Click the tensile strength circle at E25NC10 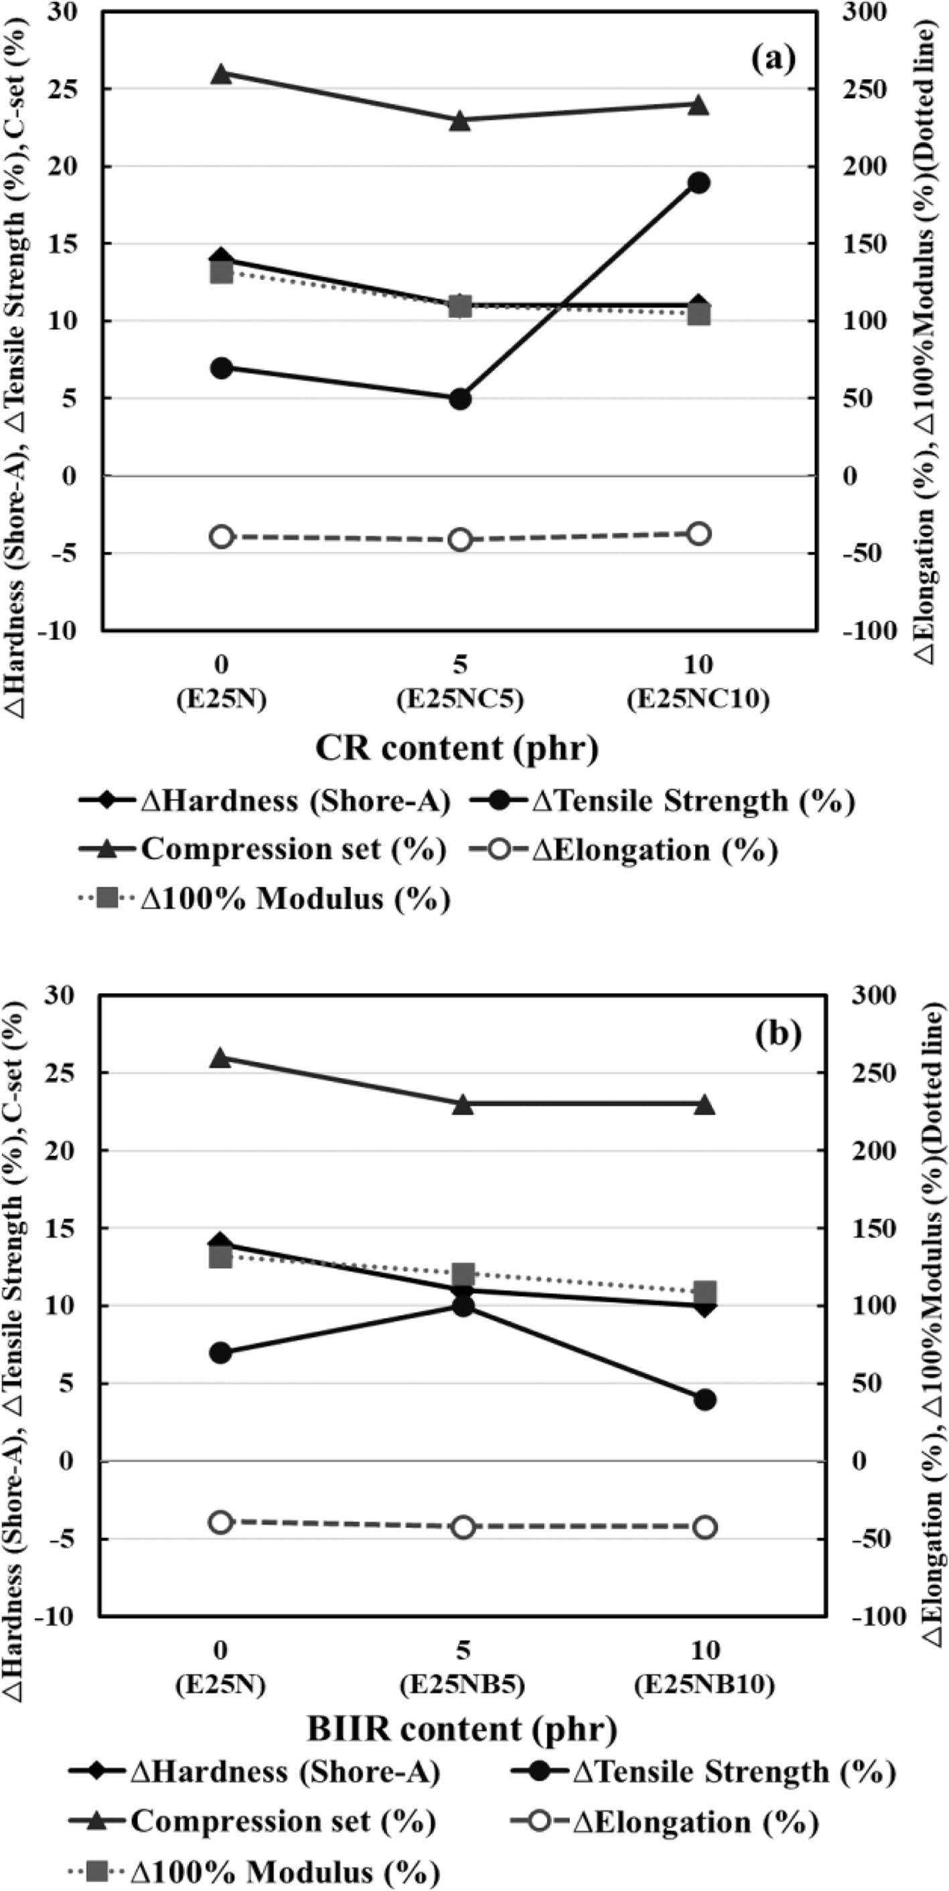[x=698, y=183]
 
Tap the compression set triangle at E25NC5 [x=460, y=121]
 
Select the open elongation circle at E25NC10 [x=698, y=534]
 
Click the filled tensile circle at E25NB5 [x=462, y=1305]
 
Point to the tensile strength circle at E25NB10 [x=705, y=1399]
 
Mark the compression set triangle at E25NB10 [x=705, y=1105]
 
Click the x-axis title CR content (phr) [x=457, y=748]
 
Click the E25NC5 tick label [x=460, y=700]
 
